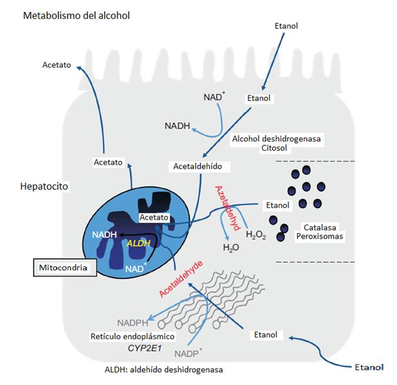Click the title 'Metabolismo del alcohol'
pyautogui.click(x=76, y=15)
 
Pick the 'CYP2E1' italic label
pyautogui.click(x=145, y=348)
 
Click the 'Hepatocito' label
pyautogui.click(x=45, y=186)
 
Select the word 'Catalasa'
pyautogui.click(x=319, y=226)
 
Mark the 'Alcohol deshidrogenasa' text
pyautogui.click(x=275, y=139)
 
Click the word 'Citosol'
pyautogui.click(x=275, y=149)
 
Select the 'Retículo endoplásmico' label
pyautogui.click(x=133, y=337)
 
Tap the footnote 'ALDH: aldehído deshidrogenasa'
pyautogui.click(x=164, y=370)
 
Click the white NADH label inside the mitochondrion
pyautogui.click(x=104, y=235)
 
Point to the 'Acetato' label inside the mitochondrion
pyautogui.click(x=154, y=217)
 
